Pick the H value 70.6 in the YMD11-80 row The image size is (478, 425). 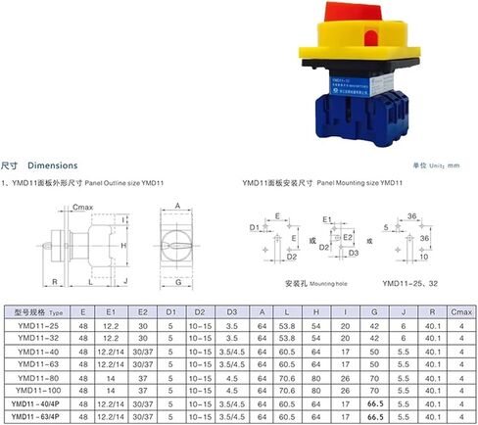[x=315, y=375]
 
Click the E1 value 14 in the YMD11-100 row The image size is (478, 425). [x=111, y=388]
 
